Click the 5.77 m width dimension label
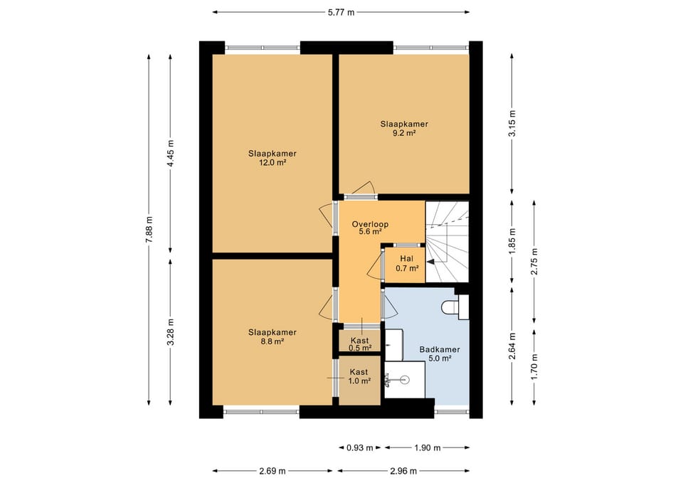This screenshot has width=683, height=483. (x=341, y=12)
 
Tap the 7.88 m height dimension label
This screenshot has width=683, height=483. (x=149, y=230)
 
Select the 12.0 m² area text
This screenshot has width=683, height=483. (x=272, y=163)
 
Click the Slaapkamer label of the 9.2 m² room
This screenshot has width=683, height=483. (x=404, y=124)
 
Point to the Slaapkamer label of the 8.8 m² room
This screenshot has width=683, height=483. (x=272, y=332)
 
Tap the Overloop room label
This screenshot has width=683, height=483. (x=370, y=224)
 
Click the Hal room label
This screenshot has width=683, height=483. (x=407, y=259)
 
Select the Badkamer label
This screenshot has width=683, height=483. (x=440, y=349)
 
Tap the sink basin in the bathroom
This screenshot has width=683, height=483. (x=404, y=380)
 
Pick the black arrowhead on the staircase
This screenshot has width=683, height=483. (x=430, y=262)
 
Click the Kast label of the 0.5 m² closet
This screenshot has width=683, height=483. (x=359, y=340)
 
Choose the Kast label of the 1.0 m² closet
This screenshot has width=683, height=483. (x=359, y=372)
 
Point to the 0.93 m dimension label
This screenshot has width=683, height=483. (x=360, y=447)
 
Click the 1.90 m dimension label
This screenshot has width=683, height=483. (x=428, y=447)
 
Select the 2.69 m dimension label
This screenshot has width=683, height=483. (x=272, y=471)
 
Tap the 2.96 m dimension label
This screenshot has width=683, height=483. (x=403, y=471)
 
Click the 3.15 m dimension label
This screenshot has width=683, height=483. (x=512, y=123)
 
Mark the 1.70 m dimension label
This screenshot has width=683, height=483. (x=534, y=366)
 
